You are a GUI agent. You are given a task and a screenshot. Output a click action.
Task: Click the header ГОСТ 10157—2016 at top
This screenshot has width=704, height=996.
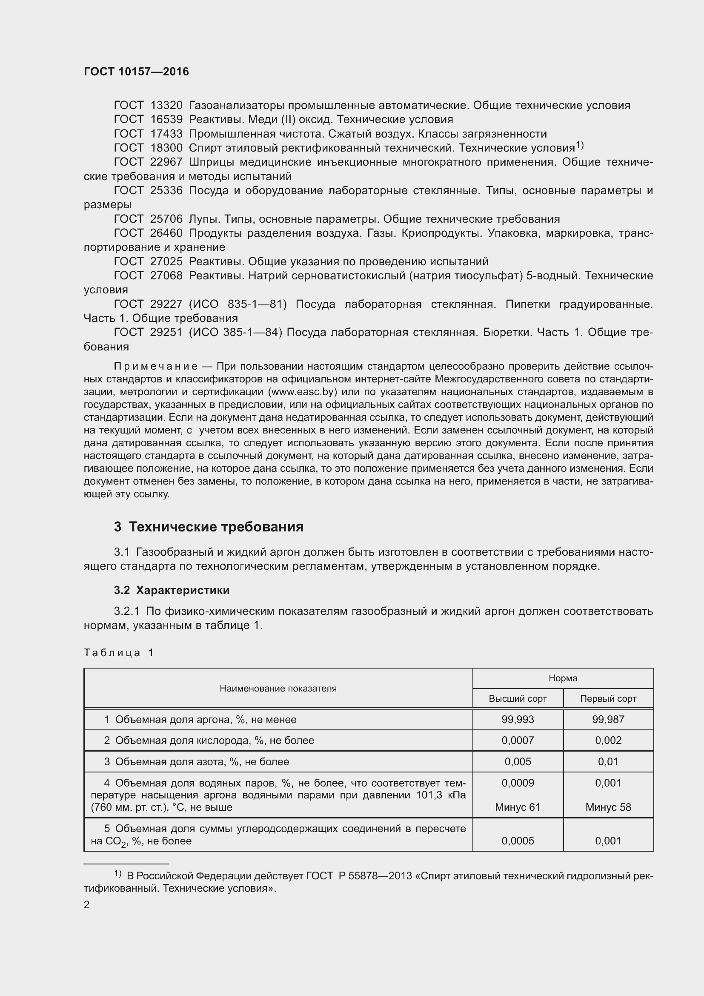[136, 72]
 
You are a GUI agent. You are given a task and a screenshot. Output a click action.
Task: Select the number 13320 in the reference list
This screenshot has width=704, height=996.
[166, 106]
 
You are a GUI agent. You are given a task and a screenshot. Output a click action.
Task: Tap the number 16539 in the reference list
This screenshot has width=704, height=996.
[166, 119]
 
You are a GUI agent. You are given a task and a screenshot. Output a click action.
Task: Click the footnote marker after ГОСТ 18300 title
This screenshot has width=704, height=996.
[580, 145]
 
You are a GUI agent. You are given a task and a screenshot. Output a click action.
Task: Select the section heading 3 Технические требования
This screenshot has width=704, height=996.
[209, 527]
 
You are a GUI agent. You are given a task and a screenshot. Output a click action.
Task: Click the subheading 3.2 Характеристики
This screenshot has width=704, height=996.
[172, 590]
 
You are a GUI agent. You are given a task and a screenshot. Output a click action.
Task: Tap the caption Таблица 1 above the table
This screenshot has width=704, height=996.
[119, 652]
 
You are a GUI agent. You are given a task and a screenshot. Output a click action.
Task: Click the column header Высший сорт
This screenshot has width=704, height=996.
[518, 698]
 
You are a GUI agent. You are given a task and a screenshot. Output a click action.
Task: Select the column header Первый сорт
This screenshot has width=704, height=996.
[608, 698]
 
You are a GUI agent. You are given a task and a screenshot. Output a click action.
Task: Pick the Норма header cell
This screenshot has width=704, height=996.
[563, 678]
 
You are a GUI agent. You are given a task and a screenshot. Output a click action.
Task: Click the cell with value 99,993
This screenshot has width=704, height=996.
[518, 719]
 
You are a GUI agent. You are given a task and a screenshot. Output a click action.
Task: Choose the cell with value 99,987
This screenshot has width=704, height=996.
[608, 719]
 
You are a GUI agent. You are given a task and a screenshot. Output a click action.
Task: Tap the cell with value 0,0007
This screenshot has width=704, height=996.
[518, 740]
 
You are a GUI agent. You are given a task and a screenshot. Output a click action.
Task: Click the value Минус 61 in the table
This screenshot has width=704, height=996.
[518, 807]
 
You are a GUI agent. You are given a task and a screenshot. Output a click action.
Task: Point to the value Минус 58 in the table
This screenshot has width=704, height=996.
[608, 807]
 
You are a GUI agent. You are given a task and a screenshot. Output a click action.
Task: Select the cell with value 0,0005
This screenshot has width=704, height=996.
[518, 841]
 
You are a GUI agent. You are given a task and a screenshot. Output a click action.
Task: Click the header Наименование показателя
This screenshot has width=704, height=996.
[278, 689]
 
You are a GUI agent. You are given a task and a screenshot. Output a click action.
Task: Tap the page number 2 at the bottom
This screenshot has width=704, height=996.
[87, 904]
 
